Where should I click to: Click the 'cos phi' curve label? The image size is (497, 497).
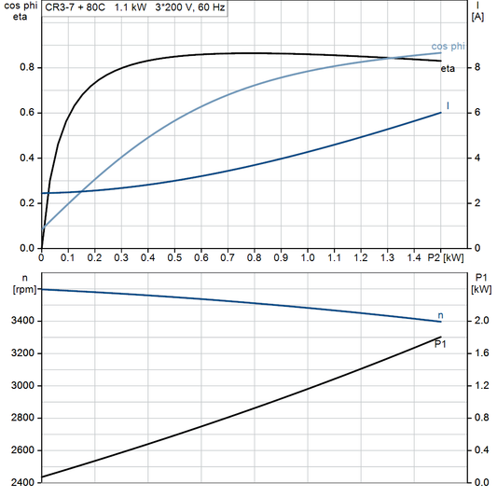449,46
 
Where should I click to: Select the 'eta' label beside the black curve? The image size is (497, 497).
449,69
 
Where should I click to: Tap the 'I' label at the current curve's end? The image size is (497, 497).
449,105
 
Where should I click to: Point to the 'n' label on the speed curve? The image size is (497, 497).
440,316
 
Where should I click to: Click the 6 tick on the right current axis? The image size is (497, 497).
476,113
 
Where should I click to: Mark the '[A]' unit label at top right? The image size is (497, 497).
478,17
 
